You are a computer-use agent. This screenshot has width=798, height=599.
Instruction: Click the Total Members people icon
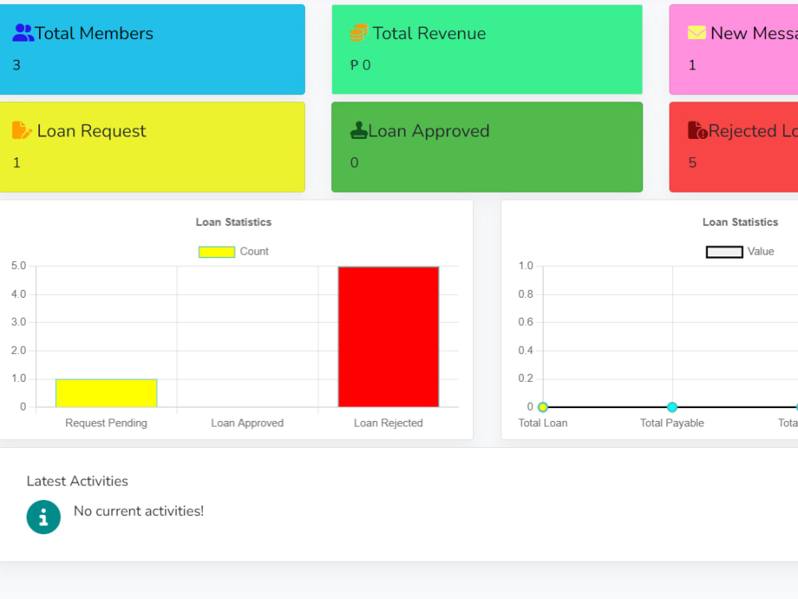click(23, 33)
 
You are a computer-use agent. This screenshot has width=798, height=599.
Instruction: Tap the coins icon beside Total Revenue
click(359, 33)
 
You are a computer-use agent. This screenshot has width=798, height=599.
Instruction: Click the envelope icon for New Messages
click(697, 33)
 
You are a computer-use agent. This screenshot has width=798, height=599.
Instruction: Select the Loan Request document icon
click(22, 130)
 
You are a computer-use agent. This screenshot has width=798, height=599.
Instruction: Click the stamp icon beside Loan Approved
click(359, 130)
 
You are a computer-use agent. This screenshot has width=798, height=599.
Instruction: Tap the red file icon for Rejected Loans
click(697, 130)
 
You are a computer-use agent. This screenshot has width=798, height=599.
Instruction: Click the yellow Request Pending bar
click(106, 393)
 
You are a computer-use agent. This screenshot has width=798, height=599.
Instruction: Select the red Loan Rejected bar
click(389, 337)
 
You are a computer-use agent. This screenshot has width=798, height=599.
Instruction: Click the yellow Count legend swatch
click(217, 252)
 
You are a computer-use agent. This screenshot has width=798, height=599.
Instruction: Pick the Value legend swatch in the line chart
click(725, 252)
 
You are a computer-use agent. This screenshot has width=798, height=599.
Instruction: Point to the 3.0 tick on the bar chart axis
click(18, 322)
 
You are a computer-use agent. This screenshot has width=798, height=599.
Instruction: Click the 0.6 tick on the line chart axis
click(526, 322)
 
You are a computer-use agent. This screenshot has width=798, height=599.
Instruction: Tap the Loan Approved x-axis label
click(247, 422)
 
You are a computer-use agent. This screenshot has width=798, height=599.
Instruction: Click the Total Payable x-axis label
click(672, 422)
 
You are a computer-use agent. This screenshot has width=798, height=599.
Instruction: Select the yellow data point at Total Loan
click(543, 407)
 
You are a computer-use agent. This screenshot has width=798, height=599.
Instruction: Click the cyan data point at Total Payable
click(672, 407)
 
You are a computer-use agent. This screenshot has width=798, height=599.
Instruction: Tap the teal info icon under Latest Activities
click(44, 517)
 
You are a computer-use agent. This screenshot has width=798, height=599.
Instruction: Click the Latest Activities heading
click(77, 481)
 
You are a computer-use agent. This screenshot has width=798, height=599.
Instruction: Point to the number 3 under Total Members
click(16, 65)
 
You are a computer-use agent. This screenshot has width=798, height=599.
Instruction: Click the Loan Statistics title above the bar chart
click(234, 222)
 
